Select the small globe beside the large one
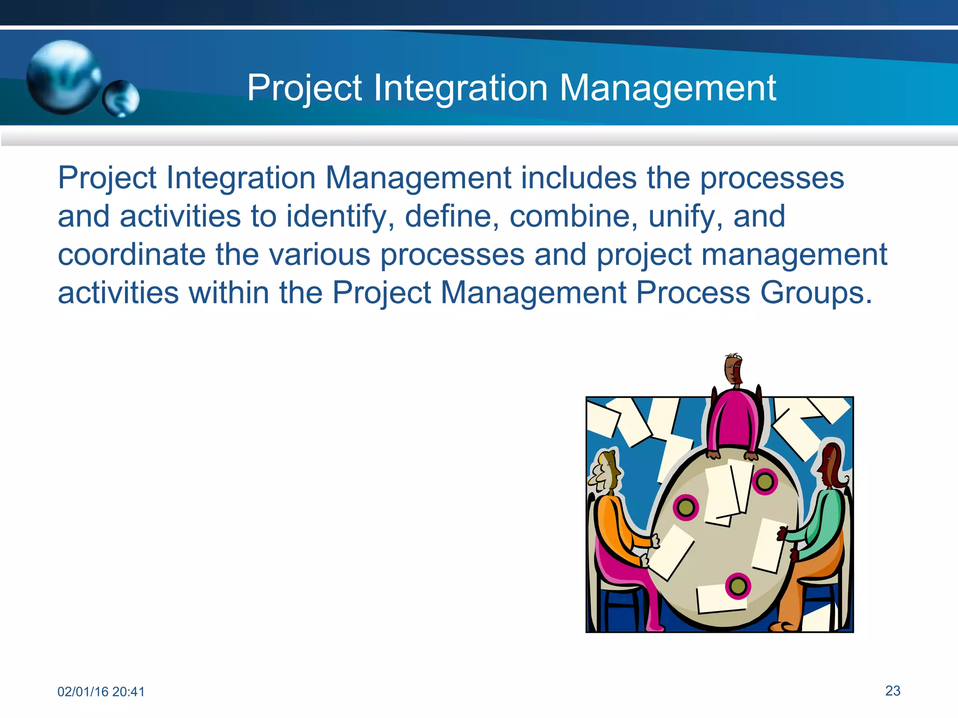coord(121,98)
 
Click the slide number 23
coord(893,690)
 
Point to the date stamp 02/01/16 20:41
coord(101,691)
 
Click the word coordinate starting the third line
coord(131,255)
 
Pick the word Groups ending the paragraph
coord(815,293)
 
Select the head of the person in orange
coord(608,472)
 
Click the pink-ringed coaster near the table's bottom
coord(738,586)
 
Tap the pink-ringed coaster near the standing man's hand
coord(765,481)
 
